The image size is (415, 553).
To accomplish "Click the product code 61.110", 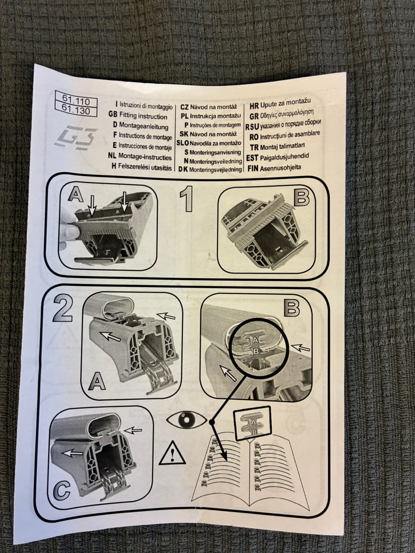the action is (x=76, y=102).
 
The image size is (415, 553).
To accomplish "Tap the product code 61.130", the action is (x=76, y=111).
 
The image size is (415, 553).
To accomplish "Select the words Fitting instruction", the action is (x=143, y=116).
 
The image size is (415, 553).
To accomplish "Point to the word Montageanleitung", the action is (x=144, y=126).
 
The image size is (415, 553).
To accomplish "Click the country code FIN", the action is (x=253, y=168).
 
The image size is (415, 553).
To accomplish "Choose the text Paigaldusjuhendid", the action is (x=284, y=157).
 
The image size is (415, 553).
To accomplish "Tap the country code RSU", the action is (x=252, y=127).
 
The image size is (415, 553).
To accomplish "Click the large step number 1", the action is (x=187, y=199).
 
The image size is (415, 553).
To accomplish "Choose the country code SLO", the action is (x=182, y=143).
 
